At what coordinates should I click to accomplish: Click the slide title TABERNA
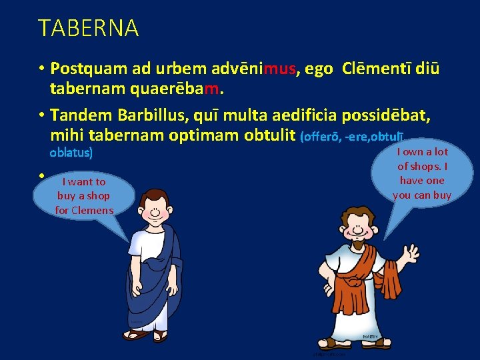(88, 28)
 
